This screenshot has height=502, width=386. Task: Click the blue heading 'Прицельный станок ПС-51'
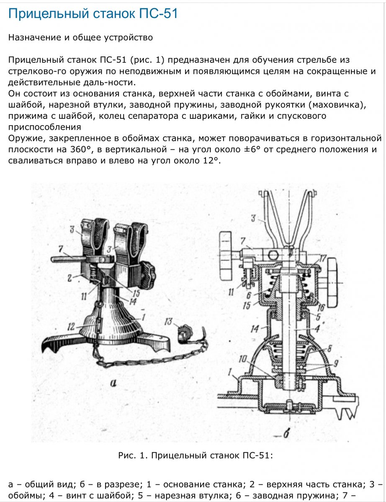93,13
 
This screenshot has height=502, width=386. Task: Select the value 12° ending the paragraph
211,161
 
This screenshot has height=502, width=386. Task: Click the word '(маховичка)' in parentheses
337,105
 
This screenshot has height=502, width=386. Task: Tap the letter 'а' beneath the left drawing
113,383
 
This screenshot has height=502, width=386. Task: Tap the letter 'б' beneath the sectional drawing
286,434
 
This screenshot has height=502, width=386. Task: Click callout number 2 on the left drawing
69,278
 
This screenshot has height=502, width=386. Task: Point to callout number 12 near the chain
71,327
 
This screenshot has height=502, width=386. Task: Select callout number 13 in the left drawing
168,321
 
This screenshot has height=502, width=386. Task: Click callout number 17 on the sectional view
323,259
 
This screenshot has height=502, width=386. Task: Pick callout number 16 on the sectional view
321,307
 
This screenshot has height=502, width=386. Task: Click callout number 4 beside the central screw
317,328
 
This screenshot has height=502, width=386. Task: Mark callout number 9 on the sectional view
336,364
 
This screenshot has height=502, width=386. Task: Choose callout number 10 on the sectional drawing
242,359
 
